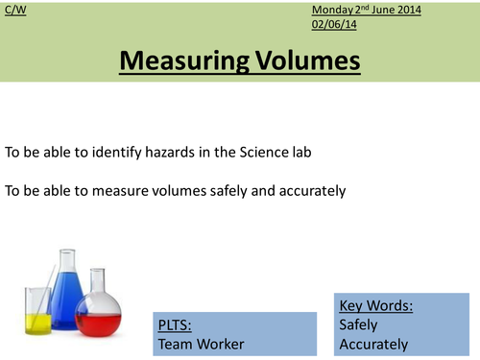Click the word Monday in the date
coord(333,9)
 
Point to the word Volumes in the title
coord(301,61)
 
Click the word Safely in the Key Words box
coord(359,324)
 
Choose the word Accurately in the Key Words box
coord(374,345)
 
